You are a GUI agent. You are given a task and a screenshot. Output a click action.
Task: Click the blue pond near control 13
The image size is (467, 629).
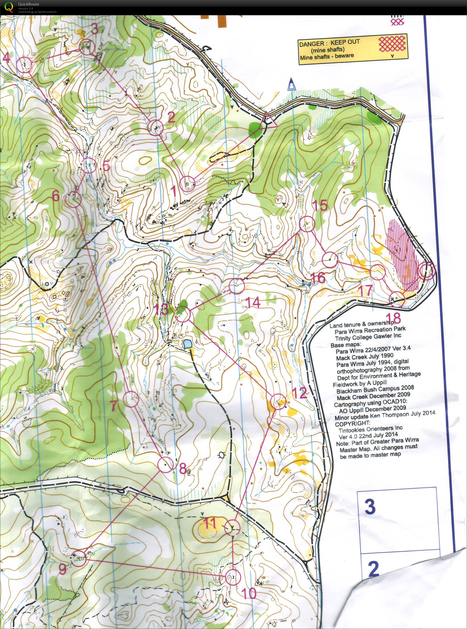pos(187,344)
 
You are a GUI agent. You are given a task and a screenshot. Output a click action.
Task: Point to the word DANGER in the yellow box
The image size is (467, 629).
pos(311,44)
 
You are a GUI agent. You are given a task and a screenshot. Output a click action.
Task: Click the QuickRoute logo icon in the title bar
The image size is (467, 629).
pos(9,7)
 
